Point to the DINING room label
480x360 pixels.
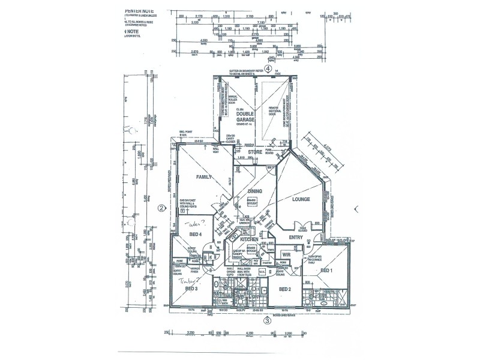(255, 191)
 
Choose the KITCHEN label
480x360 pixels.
(248, 239)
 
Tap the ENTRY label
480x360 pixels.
(296, 238)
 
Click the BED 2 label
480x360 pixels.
(285, 289)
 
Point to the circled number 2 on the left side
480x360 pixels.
(161, 209)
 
